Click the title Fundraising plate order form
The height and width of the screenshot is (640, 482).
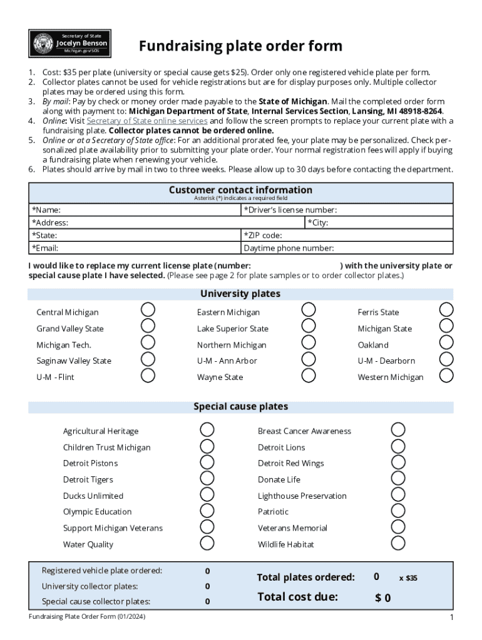click(x=240, y=46)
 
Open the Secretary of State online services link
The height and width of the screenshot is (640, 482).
click(x=146, y=121)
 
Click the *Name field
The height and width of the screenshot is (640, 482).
click(x=150, y=210)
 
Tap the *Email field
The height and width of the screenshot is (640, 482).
click(x=150, y=248)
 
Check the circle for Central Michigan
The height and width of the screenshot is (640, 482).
click(x=148, y=310)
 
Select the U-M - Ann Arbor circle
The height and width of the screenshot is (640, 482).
click(x=309, y=359)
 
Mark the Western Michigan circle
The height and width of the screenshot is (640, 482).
click(x=446, y=375)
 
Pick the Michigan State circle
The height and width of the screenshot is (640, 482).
click(x=446, y=326)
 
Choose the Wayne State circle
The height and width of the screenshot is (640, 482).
click(x=309, y=375)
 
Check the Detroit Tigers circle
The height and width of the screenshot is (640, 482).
click(x=207, y=479)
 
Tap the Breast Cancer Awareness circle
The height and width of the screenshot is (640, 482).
click(x=398, y=430)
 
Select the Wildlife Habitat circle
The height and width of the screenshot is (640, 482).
click(x=398, y=543)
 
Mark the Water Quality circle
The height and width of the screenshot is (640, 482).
click(x=207, y=543)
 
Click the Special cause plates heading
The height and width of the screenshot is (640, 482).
click(x=240, y=406)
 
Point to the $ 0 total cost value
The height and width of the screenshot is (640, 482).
click(x=383, y=598)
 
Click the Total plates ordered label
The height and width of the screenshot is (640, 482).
click(x=305, y=577)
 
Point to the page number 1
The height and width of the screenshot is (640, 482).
click(x=451, y=618)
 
